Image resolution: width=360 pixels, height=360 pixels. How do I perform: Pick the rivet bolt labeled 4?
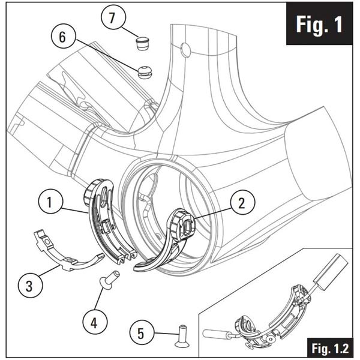[x=110, y=278]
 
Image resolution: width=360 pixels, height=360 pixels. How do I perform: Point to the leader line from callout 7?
[x=130, y=30]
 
